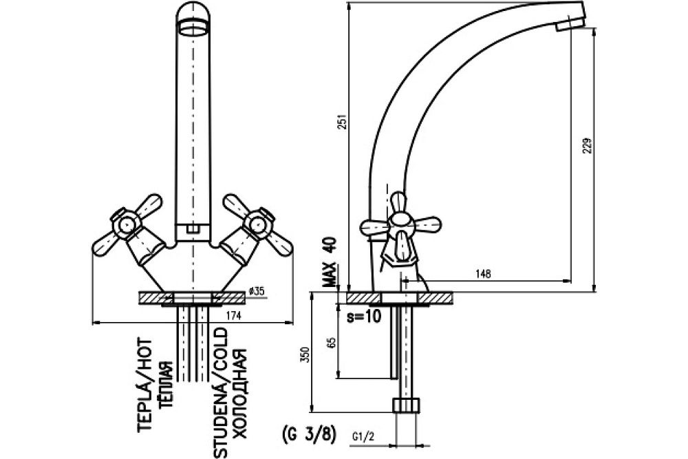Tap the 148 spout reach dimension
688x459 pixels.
pyautogui.click(x=483, y=274)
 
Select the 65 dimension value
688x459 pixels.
pyautogui.click(x=332, y=343)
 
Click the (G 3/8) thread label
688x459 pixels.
pyautogui.click(x=308, y=434)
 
